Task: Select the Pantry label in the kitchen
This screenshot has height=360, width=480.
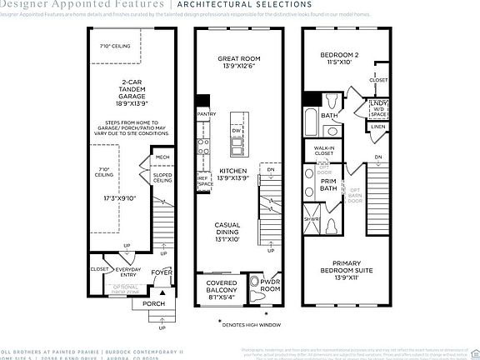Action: tap(206, 114)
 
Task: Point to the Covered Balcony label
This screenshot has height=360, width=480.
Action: tap(221, 287)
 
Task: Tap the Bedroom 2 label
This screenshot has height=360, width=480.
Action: tap(339, 58)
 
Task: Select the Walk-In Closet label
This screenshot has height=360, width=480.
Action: tap(323, 152)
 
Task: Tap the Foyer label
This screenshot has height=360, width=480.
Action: tap(161, 272)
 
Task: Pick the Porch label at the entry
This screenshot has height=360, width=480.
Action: tap(153, 304)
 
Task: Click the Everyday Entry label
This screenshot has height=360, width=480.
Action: tap(128, 272)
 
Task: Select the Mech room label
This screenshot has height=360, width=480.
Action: tap(162, 157)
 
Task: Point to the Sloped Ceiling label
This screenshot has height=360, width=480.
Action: tap(162, 177)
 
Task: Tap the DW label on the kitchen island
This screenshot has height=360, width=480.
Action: tap(236, 132)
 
